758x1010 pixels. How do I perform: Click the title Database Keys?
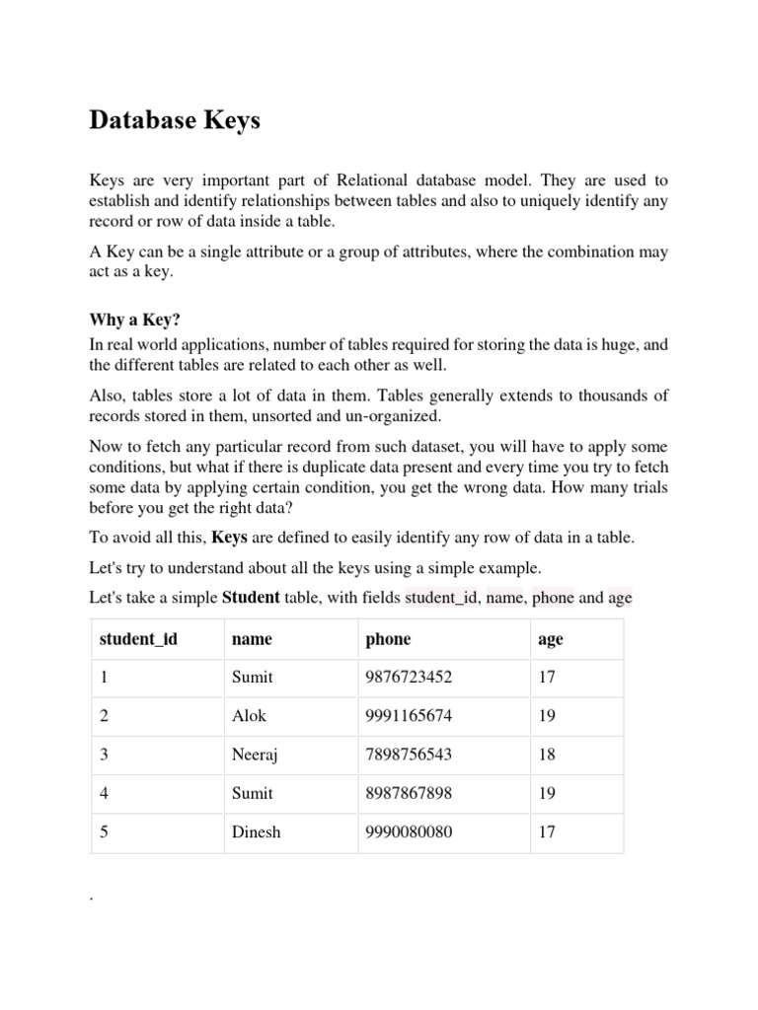tap(175, 120)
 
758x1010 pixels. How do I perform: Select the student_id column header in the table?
tap(138, 639)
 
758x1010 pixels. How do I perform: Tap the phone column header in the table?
tap(388, 639)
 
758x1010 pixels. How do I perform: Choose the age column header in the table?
tap(551, 639)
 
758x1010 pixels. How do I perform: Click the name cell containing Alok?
tap(249, 716)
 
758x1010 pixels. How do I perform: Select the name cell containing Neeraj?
tap(254, 755)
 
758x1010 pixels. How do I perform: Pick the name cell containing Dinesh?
tap(256, 831)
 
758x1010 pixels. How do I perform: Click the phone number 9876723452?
tap(409, 678)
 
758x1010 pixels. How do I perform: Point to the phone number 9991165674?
tap(409, 716)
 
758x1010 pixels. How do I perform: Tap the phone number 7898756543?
tap(409, 755)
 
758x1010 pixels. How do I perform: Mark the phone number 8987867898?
tap(409, 793)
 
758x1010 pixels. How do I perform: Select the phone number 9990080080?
tap(409, 831)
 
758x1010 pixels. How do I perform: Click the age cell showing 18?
tap(547, 755)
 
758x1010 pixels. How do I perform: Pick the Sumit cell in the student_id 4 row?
tap(252, 793)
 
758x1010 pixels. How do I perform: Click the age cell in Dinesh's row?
tap(547, 831)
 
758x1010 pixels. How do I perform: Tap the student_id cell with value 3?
tap(104, 755)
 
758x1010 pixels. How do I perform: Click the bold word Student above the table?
tap(251, 598)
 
